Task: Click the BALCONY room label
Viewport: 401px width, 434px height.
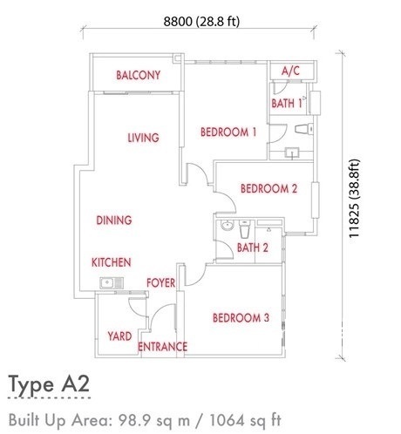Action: coord(139,75)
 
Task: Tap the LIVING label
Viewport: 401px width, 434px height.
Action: coord(144,138)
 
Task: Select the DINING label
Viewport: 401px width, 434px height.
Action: coord(114,220)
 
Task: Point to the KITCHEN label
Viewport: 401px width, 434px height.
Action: coord(112,262)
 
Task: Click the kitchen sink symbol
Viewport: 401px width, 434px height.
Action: coord(112,282)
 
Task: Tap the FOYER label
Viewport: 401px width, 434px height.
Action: coord(160,282)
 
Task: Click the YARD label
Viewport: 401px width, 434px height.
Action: coord(119,336)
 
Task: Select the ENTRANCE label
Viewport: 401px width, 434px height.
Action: coord(162,347)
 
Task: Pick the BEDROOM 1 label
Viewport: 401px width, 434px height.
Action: coord(228,132)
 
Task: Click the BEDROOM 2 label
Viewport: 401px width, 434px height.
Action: coord(268,188)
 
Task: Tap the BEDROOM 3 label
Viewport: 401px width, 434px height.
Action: coord(241,317)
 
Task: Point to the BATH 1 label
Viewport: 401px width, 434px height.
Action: coord(287,103)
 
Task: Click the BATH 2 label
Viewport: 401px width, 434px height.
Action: coord(253,248)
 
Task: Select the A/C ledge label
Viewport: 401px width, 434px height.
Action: coord(290,71)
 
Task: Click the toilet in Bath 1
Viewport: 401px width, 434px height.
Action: coord(304,129)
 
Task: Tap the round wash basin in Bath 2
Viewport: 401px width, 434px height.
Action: coord(227,226)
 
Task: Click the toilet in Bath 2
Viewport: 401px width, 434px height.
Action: coord(244,228)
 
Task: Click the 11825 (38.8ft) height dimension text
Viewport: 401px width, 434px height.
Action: coord(355,199)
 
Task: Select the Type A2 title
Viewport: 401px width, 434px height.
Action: coord(49,384)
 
